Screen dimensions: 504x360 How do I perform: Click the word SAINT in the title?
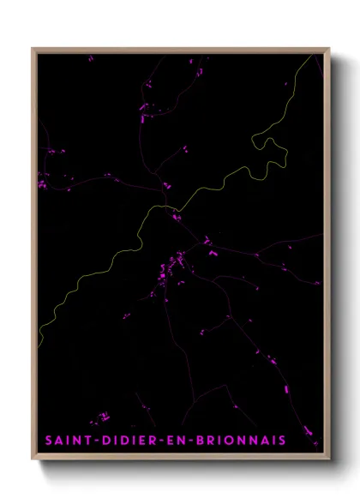pos(70,441)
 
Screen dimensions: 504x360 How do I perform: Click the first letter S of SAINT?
pos(49,441)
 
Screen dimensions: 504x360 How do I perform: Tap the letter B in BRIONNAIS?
pos(205,441)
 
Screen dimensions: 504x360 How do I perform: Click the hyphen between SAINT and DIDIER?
pos(97,441)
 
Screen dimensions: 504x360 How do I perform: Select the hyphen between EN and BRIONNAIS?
pos(197,441)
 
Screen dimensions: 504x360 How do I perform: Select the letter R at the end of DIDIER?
pos(162,441)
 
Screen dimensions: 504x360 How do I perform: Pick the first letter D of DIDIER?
pos(105,441)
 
